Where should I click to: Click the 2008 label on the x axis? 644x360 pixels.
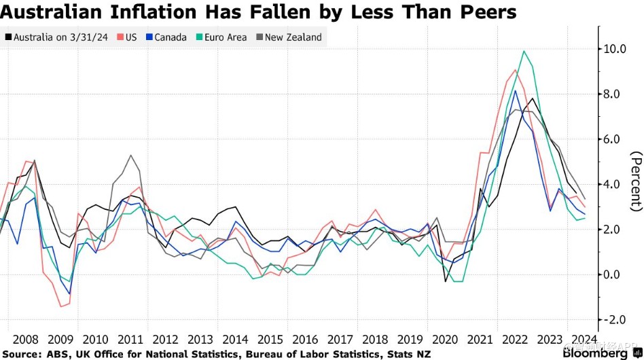pyautogui.click(x=25, y=340)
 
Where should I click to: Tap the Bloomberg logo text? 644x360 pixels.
pyautogui.click(x=595, y=353)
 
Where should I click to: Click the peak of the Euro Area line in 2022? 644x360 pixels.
pyautogui.click(x=524, y=51)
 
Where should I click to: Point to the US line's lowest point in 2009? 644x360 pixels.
pyautogui.click(x=61, y=306)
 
